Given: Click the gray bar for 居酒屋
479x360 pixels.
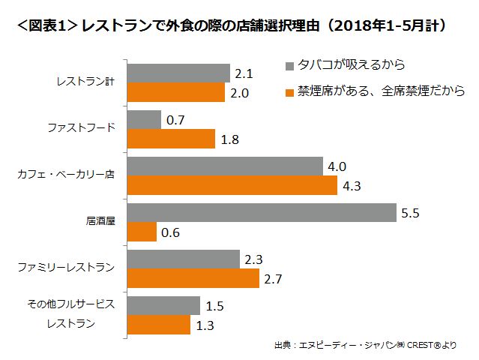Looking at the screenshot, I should pyautogui.click(x=262, y=212).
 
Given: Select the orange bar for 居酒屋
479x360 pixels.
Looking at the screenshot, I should pyautogui.click(x=142, y=232).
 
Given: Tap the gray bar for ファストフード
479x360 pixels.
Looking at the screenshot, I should pyautogui.click(x=144, y=119).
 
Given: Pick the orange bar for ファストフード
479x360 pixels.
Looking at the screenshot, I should pyautogui.click(x=171, y=139).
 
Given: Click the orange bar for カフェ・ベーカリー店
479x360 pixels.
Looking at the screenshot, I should pyautogui.click(x=232, y=185).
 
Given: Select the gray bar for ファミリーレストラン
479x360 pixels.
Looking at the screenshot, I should pyautogui.click(x=183, y=259).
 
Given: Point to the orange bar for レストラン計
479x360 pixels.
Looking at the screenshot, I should pyautogui.click(x=176, y=92).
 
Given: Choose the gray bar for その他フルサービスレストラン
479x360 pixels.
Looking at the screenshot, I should pyautogui.click(x=163, y=305).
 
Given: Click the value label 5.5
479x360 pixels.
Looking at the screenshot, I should pyautogui.click(x=410, y=213).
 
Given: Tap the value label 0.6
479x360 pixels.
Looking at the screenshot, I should pyautogui.click(x=170, y=232).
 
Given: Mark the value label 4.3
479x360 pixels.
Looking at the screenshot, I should pyautogui.click(x=351, y=186).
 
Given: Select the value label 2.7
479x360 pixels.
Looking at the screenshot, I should pyautogui.click(x=273, y=279).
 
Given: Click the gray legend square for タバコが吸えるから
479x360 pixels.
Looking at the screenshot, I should pyautogui.click(x=292, y=65).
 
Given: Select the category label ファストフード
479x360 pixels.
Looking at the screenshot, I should pyautogui.click(x=82, y=128).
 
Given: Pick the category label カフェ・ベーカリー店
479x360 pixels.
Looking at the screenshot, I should pyautogui.click(x=66, y=175).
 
